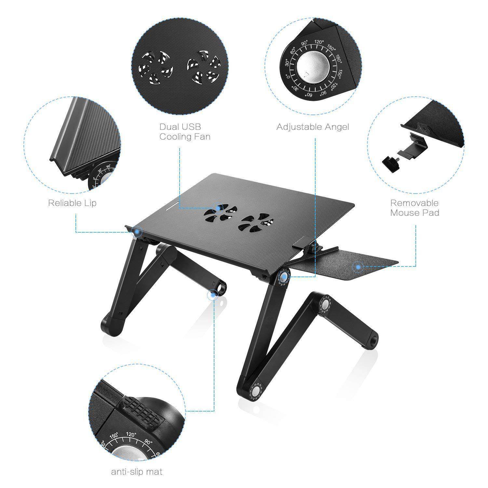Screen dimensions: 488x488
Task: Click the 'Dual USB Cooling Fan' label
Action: point(185,131)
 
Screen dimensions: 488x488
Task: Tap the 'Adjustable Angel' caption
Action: point(313,127)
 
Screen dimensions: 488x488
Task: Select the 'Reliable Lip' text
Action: point(72,203)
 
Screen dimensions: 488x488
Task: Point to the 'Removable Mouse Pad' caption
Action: point(414,208)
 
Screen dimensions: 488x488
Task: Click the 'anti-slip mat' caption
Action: point(137,471)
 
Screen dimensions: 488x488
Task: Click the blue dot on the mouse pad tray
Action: point(358,267)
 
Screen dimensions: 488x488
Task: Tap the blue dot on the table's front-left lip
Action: point(139,231)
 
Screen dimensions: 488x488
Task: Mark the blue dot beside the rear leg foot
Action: point(213,295)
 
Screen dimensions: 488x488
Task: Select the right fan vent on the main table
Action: point(255,223)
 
